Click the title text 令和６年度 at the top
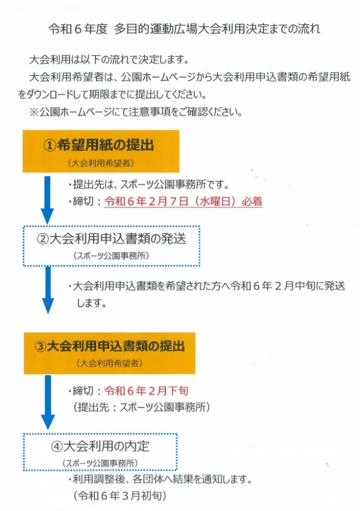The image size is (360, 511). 78,29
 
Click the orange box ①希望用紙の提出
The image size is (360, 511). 101,151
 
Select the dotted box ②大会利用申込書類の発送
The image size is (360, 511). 111,246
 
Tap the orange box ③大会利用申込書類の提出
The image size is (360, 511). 110,353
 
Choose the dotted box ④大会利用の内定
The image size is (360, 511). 100,452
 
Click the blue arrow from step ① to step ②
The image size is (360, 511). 47,199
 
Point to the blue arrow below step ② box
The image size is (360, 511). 48,290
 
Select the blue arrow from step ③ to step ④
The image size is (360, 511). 48,402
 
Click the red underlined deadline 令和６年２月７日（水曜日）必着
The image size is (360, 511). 183,201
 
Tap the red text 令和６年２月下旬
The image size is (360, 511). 146,390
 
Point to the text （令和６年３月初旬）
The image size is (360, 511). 120,496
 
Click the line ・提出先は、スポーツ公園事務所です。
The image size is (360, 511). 148,185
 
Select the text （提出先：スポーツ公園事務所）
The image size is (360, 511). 142,407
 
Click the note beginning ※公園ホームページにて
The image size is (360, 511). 136,112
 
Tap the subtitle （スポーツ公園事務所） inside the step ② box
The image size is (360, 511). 111,255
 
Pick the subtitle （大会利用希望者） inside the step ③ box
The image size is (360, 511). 110,363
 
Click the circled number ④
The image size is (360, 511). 57,446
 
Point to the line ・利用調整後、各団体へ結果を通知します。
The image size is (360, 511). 160,480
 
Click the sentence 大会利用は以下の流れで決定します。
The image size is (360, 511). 110,60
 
